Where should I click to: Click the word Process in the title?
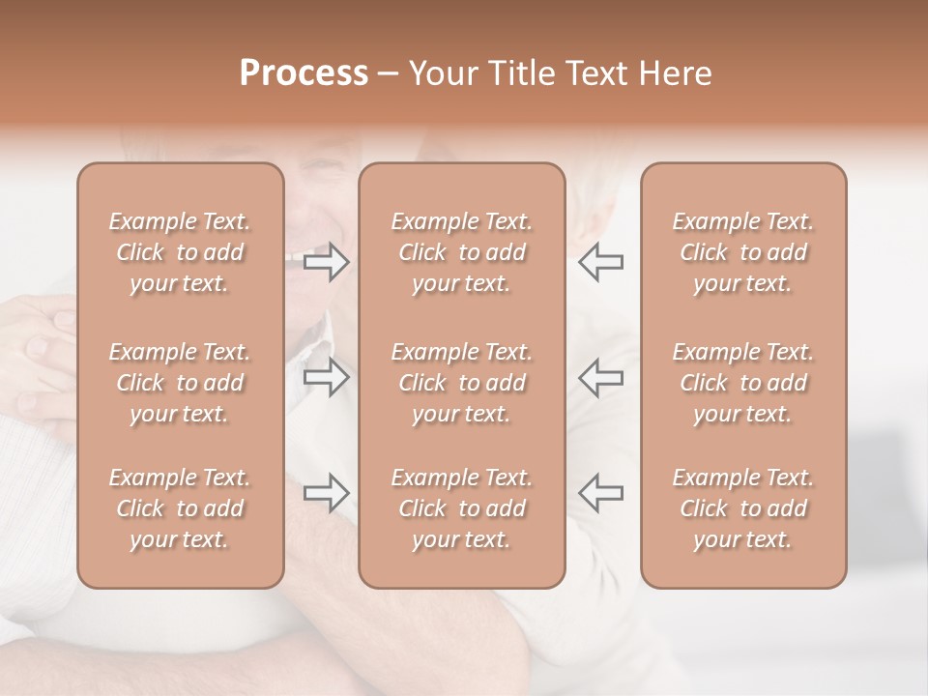point(304,73)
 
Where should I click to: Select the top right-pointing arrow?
point(326,262)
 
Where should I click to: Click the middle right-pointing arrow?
point(326,377)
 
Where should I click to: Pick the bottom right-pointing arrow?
point(326,493)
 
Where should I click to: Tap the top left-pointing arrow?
point(600,262)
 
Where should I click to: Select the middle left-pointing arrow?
point(600,377)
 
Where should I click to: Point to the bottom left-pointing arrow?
point(600,493)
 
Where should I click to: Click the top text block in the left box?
point(180,252)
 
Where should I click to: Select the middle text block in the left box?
point(180,383)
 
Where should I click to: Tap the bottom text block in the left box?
point(180,508)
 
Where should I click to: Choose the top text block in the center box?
point(461,252)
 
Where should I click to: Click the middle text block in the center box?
point(461,383)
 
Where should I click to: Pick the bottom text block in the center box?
point(461,508)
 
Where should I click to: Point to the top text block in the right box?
point(743,252)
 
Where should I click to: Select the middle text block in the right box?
point(743,383)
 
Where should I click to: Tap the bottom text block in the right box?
point(743,508)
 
